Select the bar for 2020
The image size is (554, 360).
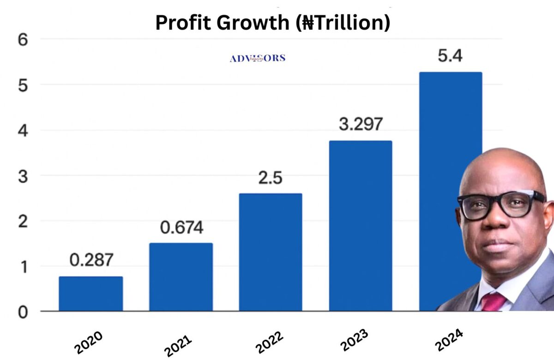[91, 294]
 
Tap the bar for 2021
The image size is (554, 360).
[181, 277]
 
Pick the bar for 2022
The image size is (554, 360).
[271, 252]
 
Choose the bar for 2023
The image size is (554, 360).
[361, 226]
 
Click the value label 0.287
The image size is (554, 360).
[91, 260]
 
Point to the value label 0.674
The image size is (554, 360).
[181, 228]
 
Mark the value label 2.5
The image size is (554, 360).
[271, 178]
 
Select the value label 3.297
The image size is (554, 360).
[361, 125]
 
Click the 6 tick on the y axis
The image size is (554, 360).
[24, 40]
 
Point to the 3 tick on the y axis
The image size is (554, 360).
[24, 176]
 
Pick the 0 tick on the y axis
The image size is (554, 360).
[24, 312]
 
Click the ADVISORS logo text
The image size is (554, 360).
[258, 58]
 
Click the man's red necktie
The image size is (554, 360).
[493, 302]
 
